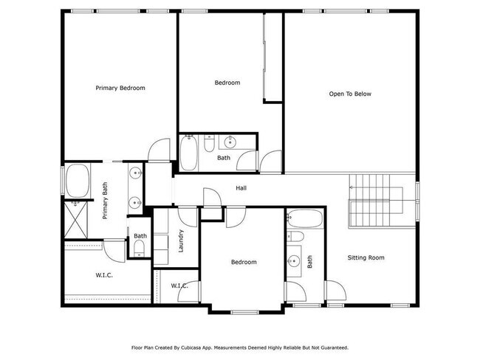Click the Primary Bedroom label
click(x=120, y=88)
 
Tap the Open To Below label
click(x=350, y=94)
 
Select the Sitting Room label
click(x=367, y=257)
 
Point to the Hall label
click(x=241, y=189)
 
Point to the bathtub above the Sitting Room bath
click(x=304, y=219)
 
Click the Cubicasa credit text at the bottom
click(x=240, y=347)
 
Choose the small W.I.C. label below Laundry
click(x=179, y=285)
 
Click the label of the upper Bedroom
click(x=227, y=83)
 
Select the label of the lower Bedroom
click(x=244, y=262)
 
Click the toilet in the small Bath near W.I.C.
click(x=139, y=246)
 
